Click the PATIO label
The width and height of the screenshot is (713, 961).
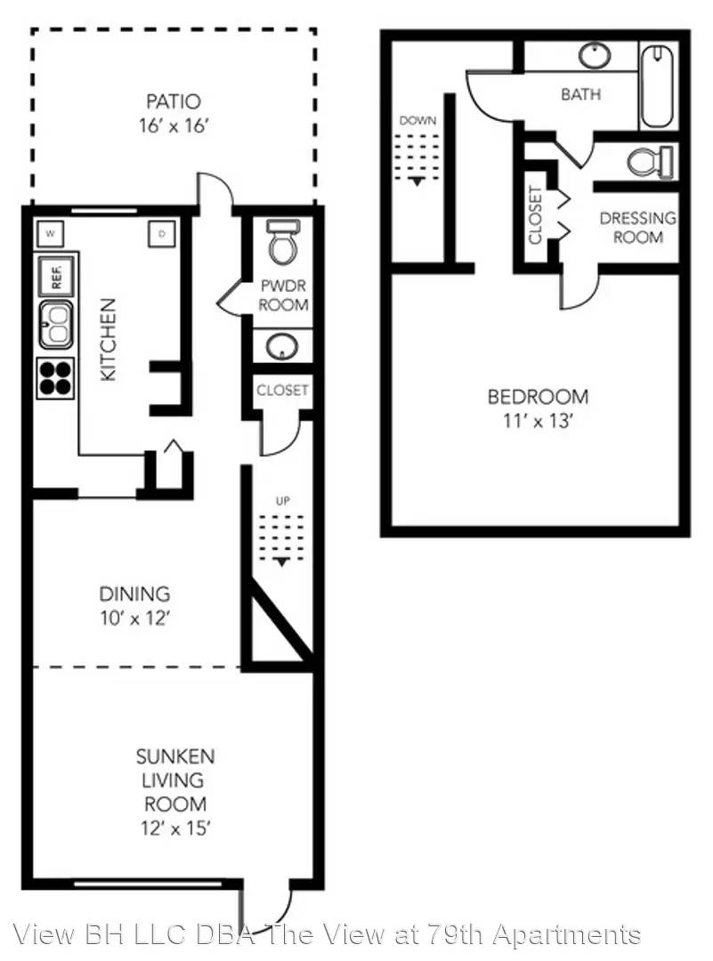pyautogui.click(x=173, y=101)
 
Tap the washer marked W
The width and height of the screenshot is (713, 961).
pyautogui.click(x=50, y=233)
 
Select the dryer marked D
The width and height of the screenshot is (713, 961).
pyautogui.click(x=163, y=233)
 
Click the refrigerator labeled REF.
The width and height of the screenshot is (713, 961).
pyautogui.click(x=56, y=276)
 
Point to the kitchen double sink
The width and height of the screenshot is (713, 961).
pyautogui.click(x=56, y=324)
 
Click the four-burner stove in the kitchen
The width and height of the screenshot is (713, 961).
pyautogui.click(x=55, y=378)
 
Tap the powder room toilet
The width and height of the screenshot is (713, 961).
pyautogui.click(x=283, y=242)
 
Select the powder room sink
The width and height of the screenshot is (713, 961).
pyautogui.click(x=282, y=348)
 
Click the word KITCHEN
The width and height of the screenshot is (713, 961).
pyautogui.click(x=108, y=340)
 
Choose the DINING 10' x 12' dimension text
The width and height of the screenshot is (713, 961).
pyautogui.click(x=135, y=618)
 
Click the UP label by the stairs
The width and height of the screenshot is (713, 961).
pyautogui.click(x=283, y=501)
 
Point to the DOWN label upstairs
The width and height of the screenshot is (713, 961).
pyautogui.click(x=417, y=121)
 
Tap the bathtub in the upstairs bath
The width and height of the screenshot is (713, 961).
pyautogui.click(x=657, y=85)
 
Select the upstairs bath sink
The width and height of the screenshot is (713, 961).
pyautogui.click(x=595, y=56)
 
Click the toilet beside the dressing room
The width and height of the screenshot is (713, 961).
pyautogui.click(x=651, y=162)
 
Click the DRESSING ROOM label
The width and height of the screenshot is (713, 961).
pyautogui.click(x=638, y=228)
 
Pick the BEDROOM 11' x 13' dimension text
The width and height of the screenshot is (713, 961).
pyautogui.click(x=538, y=421)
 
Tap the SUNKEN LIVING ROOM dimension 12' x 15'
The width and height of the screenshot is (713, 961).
pyautogui.click(x=175, y=828)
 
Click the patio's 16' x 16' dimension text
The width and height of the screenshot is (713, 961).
pyautogui.click(x=174, y=125)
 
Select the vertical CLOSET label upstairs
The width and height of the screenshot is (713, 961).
pyautogui.click(x=535, y=215)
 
